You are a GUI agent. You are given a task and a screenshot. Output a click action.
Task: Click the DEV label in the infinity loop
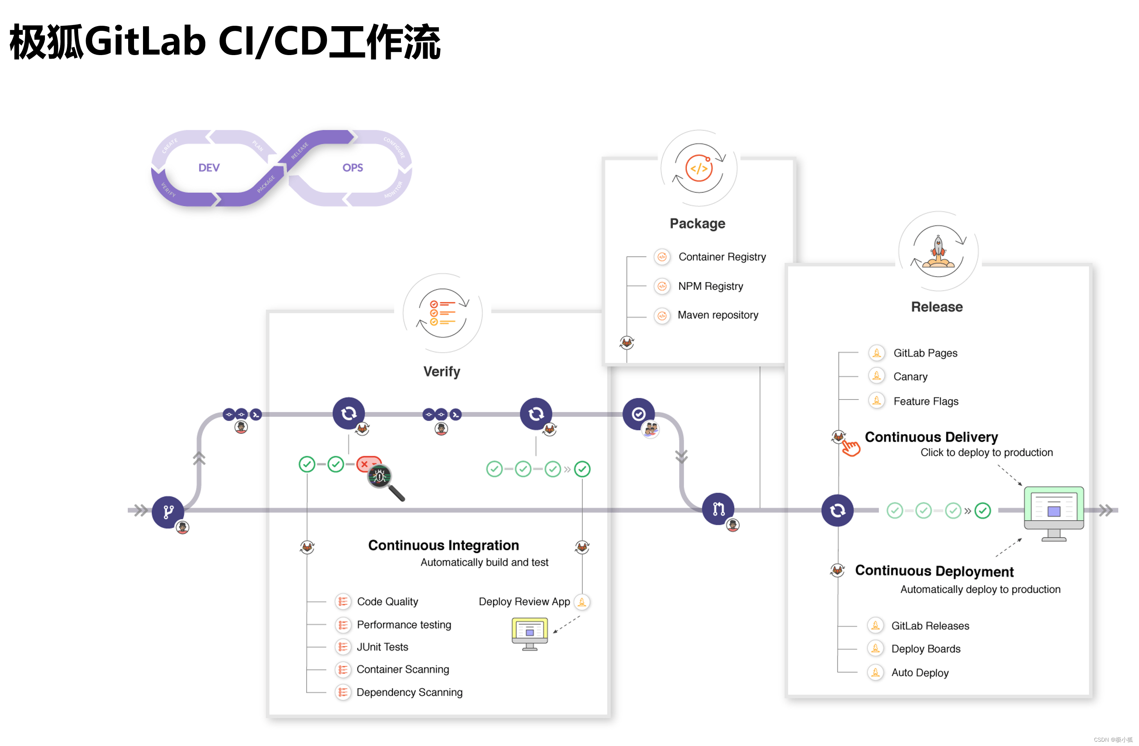click(209, 168)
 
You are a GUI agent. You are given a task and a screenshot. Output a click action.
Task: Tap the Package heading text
click(697, 223)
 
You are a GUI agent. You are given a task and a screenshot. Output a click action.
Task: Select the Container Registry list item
click(722, 257)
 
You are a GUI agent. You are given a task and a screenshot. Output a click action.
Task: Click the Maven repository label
click(717, 315)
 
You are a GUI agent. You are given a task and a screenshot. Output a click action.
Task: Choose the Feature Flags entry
click(926, 401)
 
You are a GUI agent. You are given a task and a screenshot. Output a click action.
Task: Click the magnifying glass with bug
click(383, 480)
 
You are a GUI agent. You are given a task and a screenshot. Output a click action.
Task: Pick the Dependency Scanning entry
click(409, 692)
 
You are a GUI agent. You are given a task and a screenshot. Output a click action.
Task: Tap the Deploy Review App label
click(524, 601)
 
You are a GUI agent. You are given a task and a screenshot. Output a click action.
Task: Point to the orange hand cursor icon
click(851, 448)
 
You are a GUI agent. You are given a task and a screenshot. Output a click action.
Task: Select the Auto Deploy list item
click(919, 673)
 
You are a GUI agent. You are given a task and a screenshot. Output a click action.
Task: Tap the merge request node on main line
click(718, 509)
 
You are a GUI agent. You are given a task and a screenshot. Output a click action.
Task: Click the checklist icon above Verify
click(442, 313)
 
